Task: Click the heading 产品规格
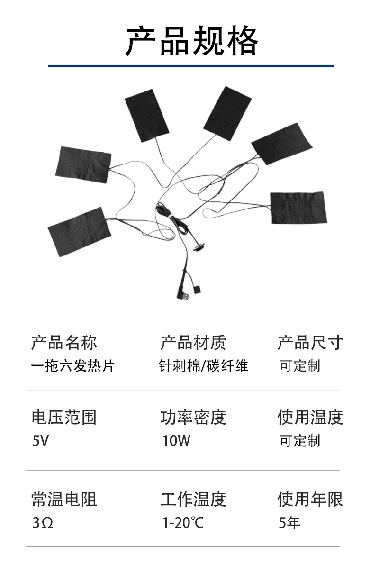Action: [192, 41]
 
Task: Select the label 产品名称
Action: [64, 342]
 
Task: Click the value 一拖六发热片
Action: [72, 366]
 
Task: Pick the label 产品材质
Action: [193, 342]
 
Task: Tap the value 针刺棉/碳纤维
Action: [204, 366]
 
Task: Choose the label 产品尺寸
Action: [310, 342]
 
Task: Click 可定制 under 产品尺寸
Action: [299, 366]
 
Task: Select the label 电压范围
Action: [64, 417]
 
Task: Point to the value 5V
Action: [41, 441]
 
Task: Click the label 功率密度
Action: [193, 417]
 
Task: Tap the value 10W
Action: [176, 441]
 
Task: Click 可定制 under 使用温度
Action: [299, 441]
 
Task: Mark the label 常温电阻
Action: [64, 499]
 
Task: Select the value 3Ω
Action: [43, 523]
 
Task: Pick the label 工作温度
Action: [193, 499]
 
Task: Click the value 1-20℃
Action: [182, 523]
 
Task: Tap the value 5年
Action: [289, 523]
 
